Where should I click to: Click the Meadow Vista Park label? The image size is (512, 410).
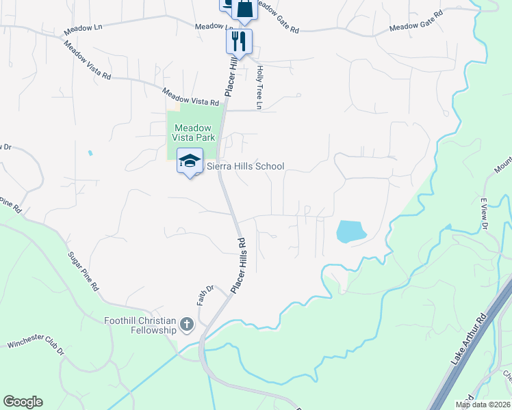pyautogui.click(x=194, y=133)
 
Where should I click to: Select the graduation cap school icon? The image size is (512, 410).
pyautogui.click(x=190, y=161)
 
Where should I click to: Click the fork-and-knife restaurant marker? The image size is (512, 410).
pyautogui.click(x=239, y=40)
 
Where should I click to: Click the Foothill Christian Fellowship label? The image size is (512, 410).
pyautogui.click(x=140, y=325)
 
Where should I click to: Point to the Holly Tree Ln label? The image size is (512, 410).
pyautogui.click(x=259, y=87)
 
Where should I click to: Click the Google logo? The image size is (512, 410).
pyautogui.click(x=23, y=402)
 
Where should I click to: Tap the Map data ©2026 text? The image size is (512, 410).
pyautogui.click(x=483, y=405)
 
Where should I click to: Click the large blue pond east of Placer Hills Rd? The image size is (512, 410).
pyautogui.click(x=350, y=232)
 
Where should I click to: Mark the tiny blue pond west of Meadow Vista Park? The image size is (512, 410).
pyautogui.click(x=90, y=153)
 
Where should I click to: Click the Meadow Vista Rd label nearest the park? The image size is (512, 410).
pyautogui.click(x=190, y=96)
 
